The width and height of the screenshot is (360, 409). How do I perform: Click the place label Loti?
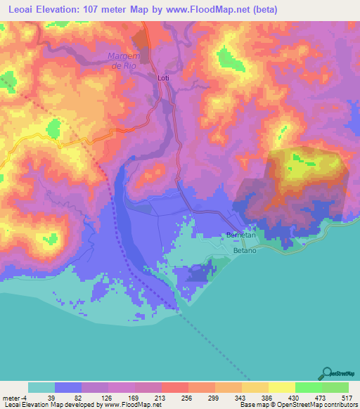(x=163, y=78)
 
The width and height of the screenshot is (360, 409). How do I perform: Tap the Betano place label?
(x=246, y=249)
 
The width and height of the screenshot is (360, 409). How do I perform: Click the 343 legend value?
(x=242, y=397)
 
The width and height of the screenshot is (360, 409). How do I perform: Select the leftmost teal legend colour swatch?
(x=41, y=387)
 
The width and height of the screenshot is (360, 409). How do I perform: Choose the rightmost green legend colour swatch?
(x=335, y=387)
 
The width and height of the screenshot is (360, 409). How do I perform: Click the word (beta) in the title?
(x=266, y=10)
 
